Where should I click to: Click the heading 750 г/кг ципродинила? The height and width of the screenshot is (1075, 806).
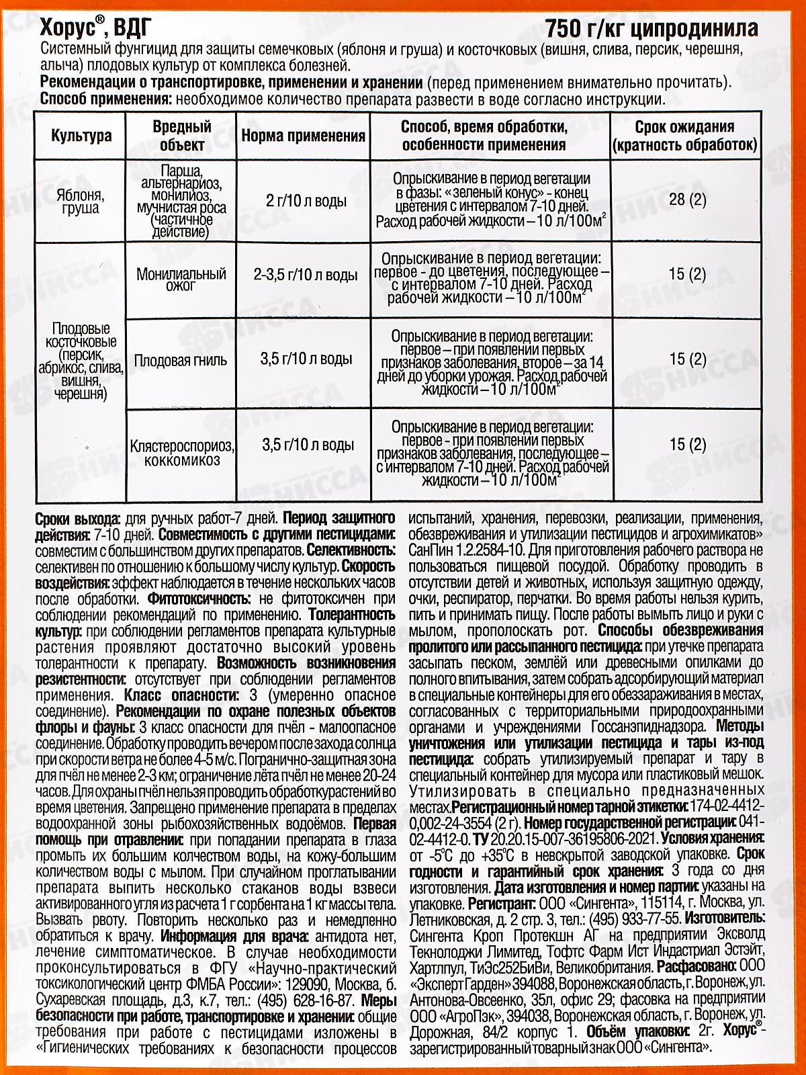(x=652, y=28)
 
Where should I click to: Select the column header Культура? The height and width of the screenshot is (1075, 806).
(x=81, y=135)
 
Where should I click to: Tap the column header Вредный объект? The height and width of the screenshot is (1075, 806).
(x=181, y=135)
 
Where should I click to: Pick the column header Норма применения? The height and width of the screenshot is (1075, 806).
(x=303, y=136)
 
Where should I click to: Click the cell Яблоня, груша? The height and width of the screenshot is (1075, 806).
(x=81, y=202)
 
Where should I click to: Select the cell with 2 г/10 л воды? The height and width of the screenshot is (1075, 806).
(x=306, y=200)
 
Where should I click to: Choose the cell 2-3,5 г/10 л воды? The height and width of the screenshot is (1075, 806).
(x=306, y=275)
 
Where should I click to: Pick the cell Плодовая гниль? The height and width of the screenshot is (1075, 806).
(x=181, y=359)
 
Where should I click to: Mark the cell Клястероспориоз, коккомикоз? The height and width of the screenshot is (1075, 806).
(x=181, y=452)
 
